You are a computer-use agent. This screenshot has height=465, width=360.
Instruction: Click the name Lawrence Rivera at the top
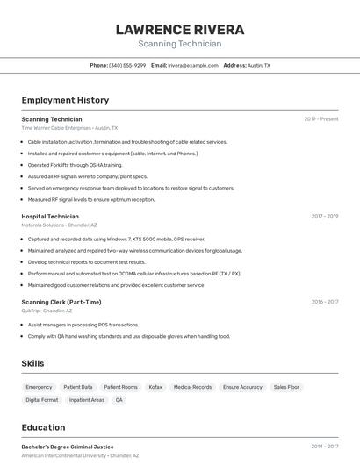click(x=180, y=30)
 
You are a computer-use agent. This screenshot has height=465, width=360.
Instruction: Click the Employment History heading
click(x=65, y=100)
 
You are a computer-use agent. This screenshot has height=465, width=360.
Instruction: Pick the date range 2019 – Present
click(x=321, y=118)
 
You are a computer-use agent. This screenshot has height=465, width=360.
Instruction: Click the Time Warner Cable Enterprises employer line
click(x=69, y=127)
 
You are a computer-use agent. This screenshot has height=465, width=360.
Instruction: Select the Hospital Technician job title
click(x=50, y=216)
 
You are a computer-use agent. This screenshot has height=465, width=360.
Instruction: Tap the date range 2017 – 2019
click(x=324, y=216)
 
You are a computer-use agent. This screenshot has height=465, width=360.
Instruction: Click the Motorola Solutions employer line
click(x=60, y=225)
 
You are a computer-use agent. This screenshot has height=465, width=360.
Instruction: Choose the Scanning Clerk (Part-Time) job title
click(x=61, y=302)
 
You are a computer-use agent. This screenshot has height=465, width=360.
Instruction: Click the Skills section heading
click(x=33, y=363)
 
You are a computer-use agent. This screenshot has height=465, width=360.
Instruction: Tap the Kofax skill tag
click(x=155, y=387)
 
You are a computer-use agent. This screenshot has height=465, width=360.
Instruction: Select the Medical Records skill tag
click(x=192, y=387)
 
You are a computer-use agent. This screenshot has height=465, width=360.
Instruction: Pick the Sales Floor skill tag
click(x=286, y=387)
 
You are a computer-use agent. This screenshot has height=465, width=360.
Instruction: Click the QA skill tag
click(x=119, y=400)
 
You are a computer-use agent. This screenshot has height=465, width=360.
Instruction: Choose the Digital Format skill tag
click(x=42, y=400)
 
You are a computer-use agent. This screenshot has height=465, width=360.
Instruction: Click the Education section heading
click(x=43, y=428)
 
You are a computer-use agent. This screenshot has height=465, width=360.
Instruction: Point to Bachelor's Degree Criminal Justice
click(x=68, y=447)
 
